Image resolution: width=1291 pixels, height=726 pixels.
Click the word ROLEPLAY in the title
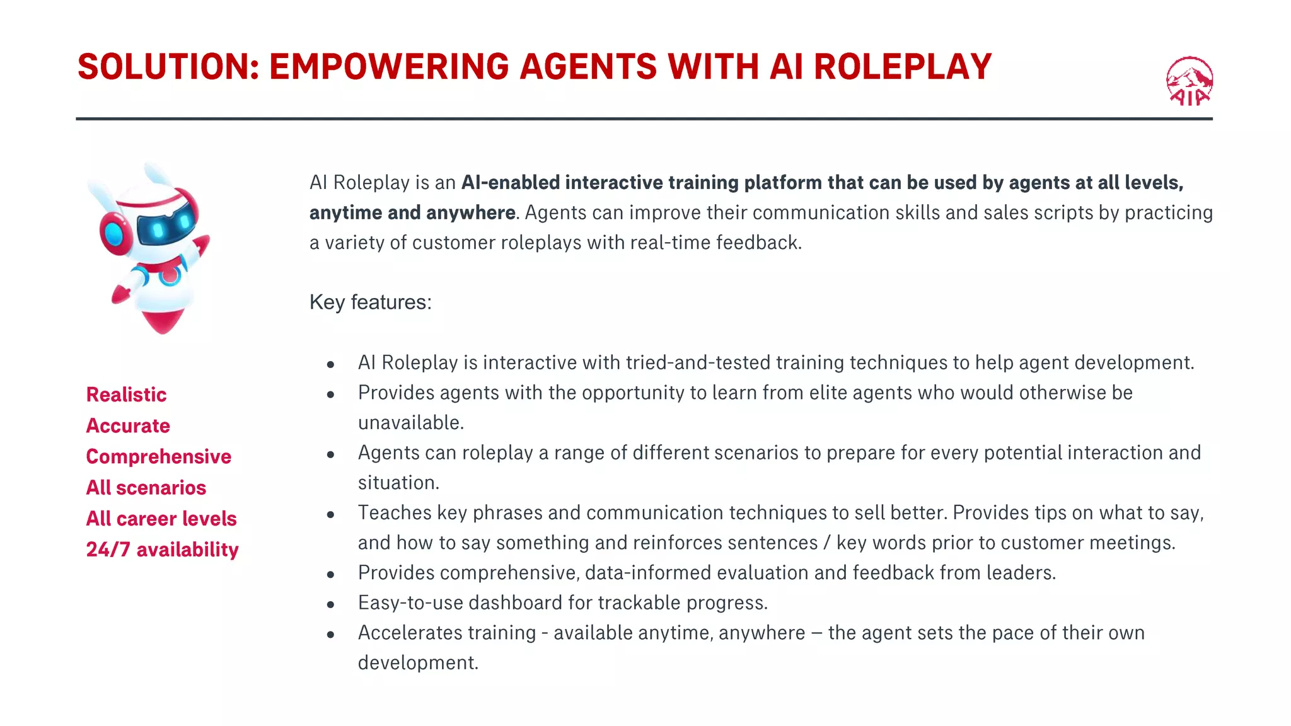(903, 67)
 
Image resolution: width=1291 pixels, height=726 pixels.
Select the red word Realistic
(126, 395)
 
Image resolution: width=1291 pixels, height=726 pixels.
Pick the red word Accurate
(128, 425)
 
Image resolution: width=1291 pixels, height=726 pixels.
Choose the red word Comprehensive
(159, 456)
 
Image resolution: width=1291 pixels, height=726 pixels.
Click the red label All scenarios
(146, 487)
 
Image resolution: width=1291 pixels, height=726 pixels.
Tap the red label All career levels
(161, 518)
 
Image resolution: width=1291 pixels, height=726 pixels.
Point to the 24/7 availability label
(163, 549)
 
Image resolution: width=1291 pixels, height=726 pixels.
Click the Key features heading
(371, 302)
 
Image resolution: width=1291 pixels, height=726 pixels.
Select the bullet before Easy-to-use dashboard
(330, 604)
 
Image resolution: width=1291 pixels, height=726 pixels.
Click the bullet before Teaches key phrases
(330, 514)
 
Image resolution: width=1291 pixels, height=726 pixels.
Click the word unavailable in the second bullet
(410, 422)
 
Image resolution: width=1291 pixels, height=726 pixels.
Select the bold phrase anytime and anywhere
(412, 212)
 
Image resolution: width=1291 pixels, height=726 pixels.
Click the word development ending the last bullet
(417, 662)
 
